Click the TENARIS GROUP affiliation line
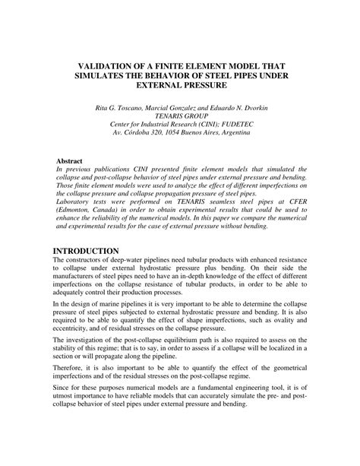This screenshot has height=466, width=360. pos(180,118)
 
